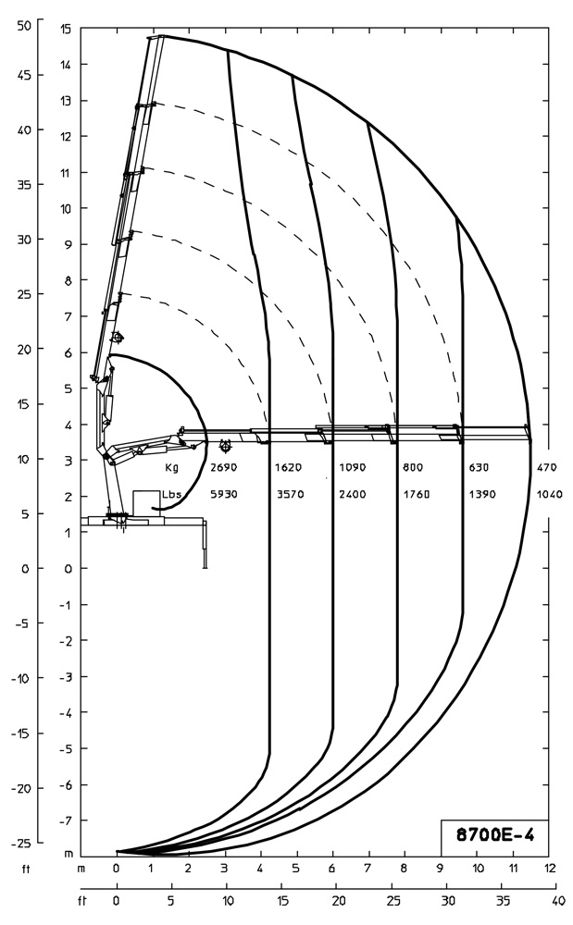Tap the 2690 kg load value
224,468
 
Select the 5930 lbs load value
224,494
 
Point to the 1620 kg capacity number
289,468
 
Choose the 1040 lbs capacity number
550,494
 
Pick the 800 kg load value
413,468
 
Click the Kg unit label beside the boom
171,468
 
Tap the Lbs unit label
171,494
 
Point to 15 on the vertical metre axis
66,29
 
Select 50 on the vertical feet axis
24,25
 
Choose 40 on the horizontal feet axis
558,899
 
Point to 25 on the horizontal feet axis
393,899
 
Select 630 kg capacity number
479,468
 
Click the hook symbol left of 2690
225,447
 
